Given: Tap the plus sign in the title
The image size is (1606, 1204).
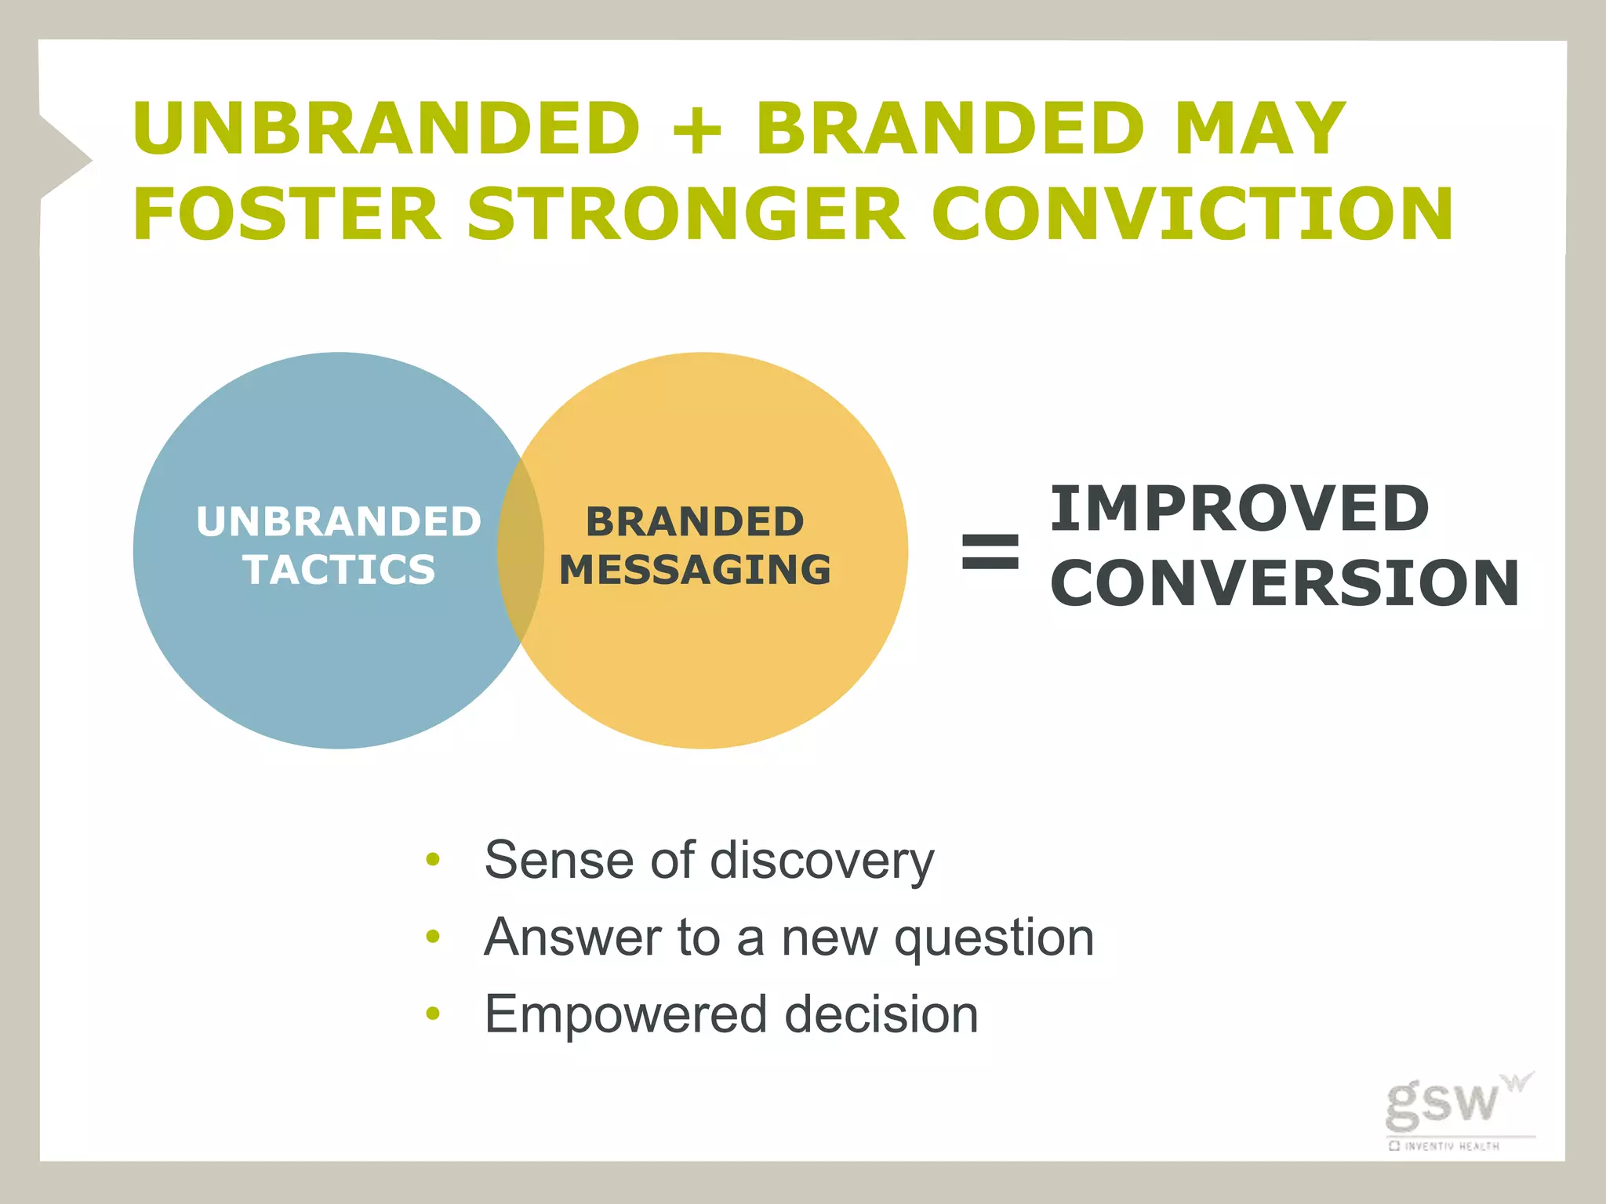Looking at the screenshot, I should click(x=697, y=130).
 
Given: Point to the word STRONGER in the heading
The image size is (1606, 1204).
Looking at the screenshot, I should click(x=686, y=213).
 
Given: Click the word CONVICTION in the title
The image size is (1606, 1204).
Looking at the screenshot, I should click(x=1192, y=213).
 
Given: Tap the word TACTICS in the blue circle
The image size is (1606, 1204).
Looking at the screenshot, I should click(x=339, y=570).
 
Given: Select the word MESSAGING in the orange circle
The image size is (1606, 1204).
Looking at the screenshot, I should click(x=695, y=570).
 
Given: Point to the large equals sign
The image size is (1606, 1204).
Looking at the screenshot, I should click(x=990, y=550).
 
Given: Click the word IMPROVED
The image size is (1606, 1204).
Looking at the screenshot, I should click(x=1239, y=509).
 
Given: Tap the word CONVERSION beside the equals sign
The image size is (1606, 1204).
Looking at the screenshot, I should click(x=1284, y=583).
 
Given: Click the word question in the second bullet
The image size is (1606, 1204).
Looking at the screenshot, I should click(x=994, y=937).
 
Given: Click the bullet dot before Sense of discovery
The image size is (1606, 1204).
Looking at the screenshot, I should click(x=433, y=860).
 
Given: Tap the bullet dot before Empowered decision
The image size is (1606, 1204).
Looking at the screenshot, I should click(x=433, y=1014).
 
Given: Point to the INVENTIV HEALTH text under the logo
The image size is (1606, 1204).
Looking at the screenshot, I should click(x=1451, y=1146).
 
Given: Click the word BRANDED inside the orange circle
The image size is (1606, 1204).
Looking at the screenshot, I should click(x=695, y=522).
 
